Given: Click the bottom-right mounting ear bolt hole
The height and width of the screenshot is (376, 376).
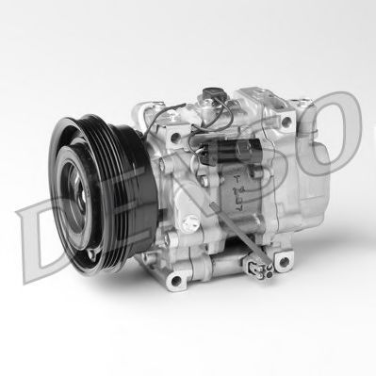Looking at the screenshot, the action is point(284,260).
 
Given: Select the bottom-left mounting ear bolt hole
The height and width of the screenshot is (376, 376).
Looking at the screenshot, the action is point(176,280).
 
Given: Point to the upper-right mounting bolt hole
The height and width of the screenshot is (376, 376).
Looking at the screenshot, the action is point(286,121).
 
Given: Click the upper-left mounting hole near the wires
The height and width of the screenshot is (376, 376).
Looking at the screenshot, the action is point(174,137).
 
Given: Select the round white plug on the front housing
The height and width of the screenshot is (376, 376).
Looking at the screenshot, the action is point(190,220).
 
